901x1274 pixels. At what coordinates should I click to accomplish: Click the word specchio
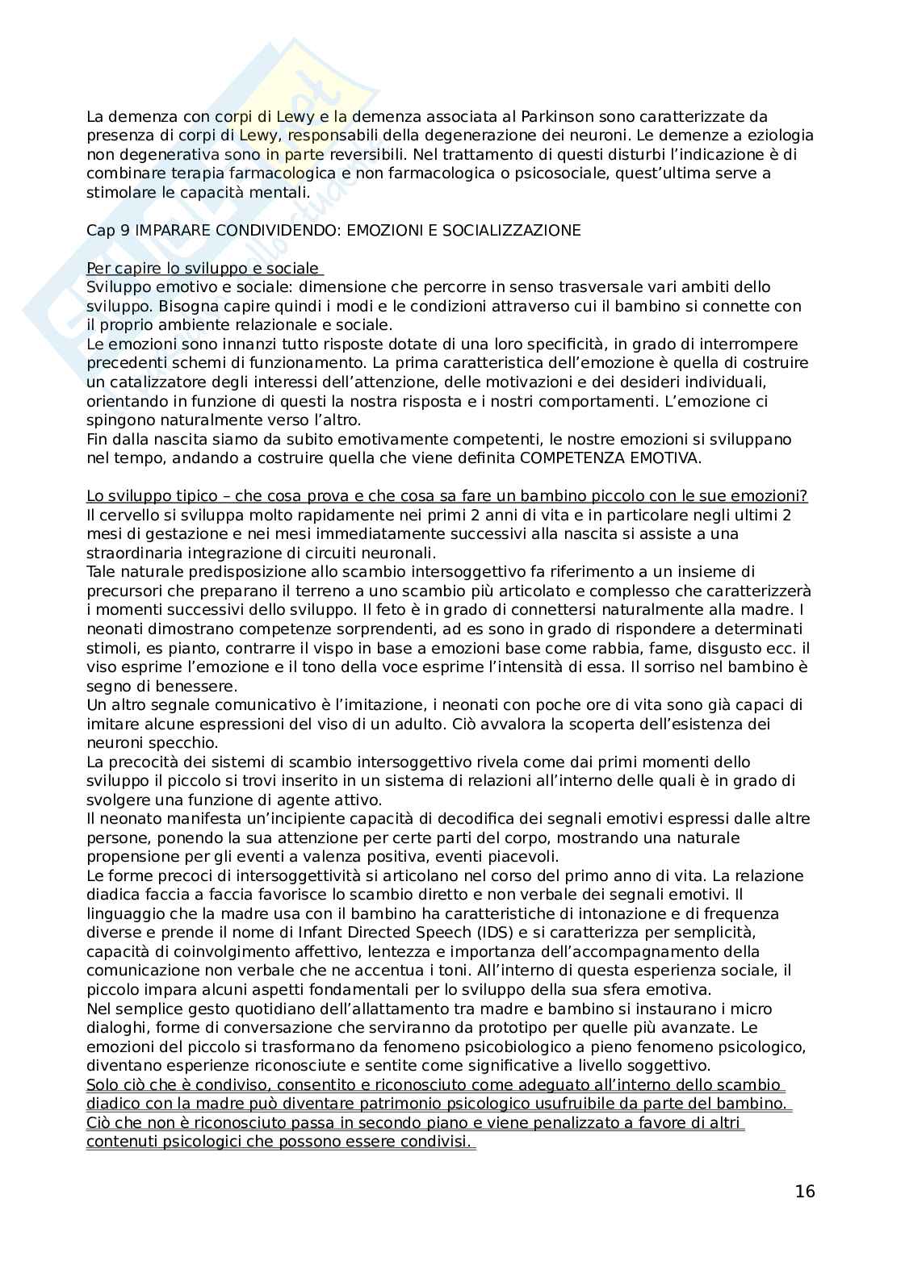pos(159,743)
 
